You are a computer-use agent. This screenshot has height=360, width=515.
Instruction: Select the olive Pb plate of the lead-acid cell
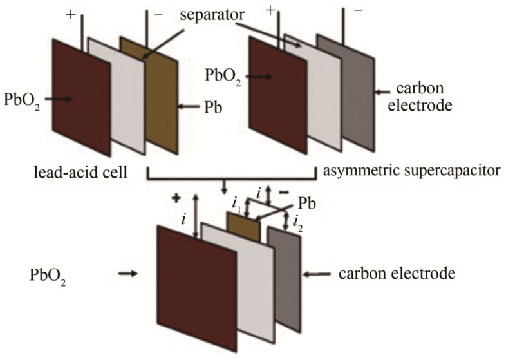pos(162,90)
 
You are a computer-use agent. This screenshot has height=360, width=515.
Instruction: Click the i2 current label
pos(297,224)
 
